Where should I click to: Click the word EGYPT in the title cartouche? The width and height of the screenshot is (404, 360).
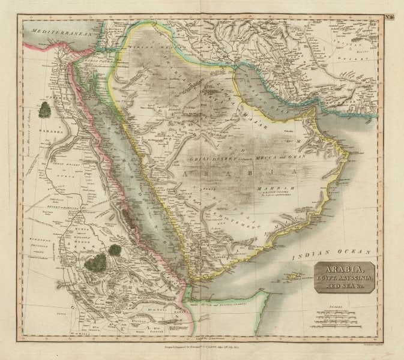327,278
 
